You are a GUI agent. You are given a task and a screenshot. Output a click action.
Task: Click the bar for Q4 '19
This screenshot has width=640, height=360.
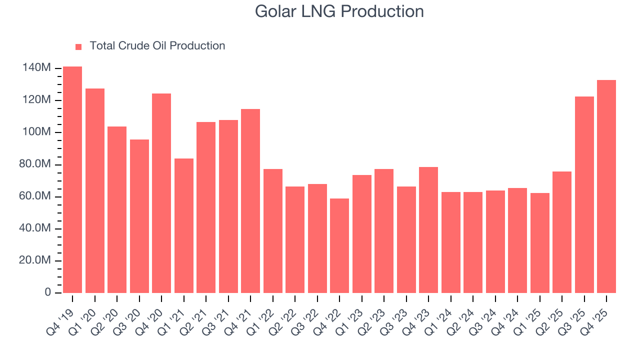click(72, 179)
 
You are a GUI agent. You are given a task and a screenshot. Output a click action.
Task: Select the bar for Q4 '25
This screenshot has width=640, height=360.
click(606, 186)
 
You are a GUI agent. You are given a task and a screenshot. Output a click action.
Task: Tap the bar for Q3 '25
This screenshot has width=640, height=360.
click(584, 194)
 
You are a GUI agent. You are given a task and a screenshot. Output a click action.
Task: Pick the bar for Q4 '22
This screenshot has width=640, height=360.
click(339, 245)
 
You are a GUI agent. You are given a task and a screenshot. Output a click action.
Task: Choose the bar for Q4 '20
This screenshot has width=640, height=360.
click(161, 193)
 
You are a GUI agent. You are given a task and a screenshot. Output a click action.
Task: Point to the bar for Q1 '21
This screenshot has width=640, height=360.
click(184, 225)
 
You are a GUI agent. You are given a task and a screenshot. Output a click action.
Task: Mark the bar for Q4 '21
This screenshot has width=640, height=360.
click(250, 200)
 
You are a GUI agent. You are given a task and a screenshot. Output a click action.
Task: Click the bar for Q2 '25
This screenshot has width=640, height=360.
click(562, 232)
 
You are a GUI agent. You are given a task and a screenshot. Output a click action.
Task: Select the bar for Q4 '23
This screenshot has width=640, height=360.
click(428, 229)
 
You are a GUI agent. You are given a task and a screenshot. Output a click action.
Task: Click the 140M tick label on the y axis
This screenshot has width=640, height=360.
click(36, 68)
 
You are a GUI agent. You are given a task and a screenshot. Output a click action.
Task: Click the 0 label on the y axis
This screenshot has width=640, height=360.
click(48, 292)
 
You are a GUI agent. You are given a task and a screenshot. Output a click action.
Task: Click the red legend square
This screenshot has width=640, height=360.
click(78, 46)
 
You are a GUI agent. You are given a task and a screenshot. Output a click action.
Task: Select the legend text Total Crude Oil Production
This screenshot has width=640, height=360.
click(157, 46)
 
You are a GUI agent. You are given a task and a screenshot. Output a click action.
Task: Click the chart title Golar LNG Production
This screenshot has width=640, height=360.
click(339, 11)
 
